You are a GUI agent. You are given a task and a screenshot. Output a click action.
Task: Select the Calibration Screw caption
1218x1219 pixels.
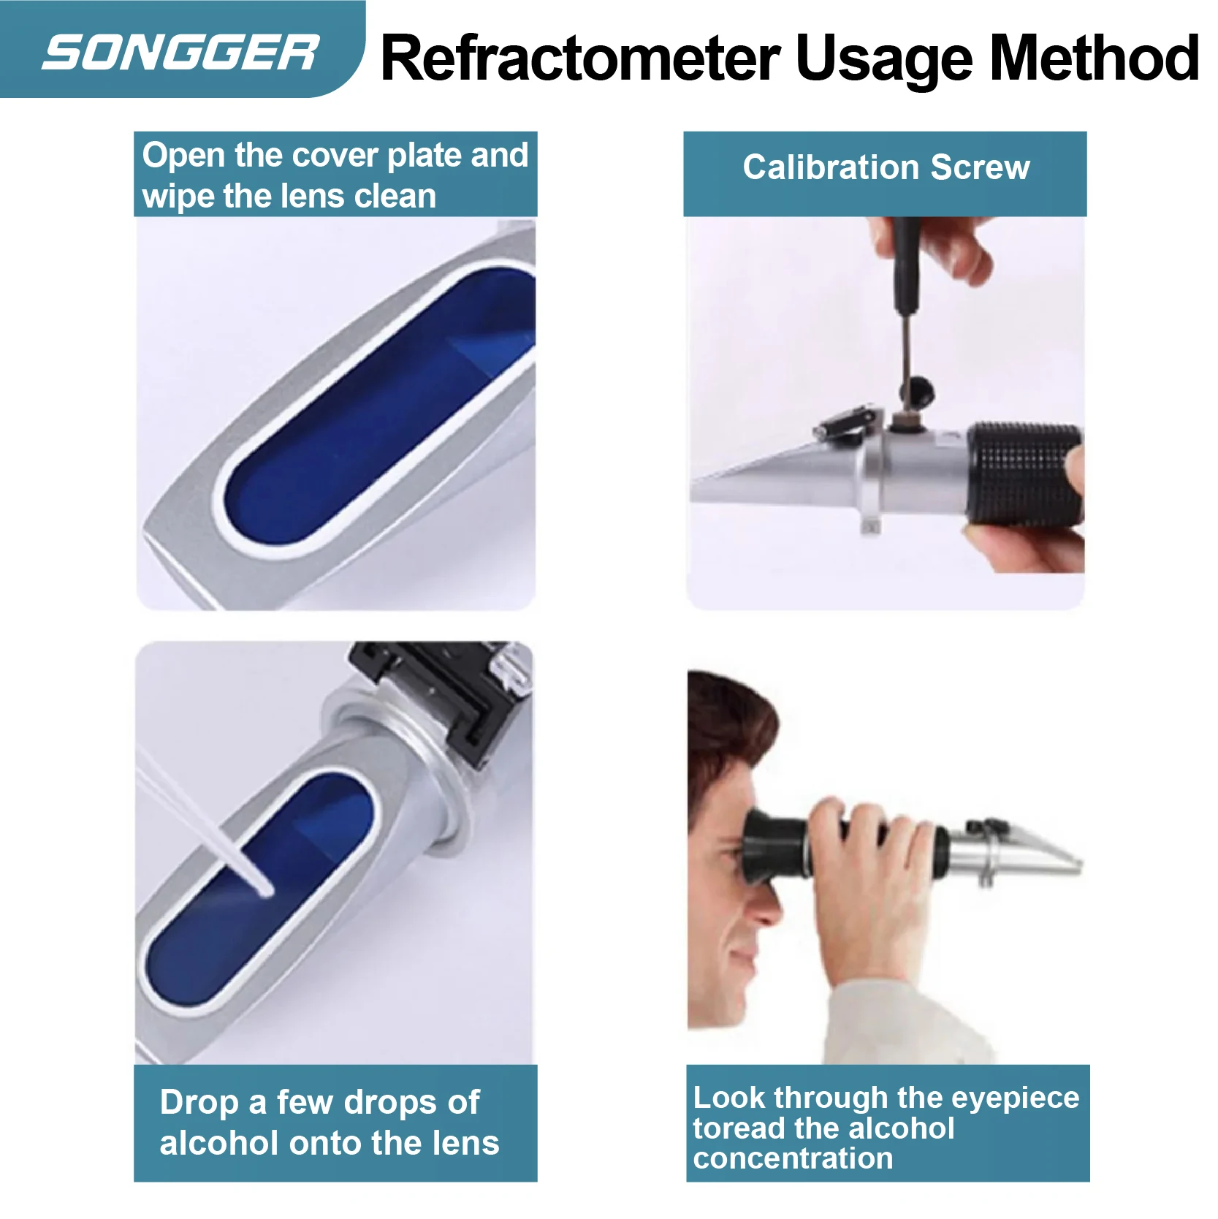(886, 168)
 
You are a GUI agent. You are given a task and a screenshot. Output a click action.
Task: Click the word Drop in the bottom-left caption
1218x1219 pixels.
(199, 1102)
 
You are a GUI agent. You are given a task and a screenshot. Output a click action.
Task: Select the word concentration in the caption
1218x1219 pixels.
(793, 1158)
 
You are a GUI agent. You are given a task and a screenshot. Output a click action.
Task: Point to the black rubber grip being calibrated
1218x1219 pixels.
(1023, 474)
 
